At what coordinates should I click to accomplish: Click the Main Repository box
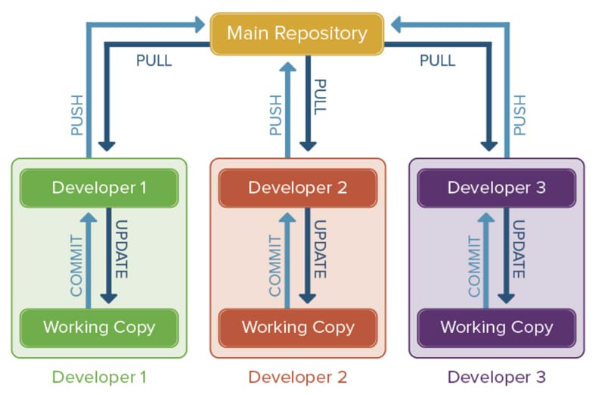[296, 34]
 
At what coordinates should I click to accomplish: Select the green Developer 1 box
[99, 188]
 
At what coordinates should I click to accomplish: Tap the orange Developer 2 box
[298, 188]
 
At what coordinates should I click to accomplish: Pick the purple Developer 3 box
[496, 188]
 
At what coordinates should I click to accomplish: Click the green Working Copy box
[99, 328]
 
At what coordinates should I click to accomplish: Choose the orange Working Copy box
[298, 328]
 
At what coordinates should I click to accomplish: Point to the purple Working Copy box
[496, 328]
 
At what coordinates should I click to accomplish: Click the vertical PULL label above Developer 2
[321, 96]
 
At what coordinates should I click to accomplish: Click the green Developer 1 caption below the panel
[99, 376]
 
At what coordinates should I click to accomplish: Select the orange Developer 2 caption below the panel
[298, 376]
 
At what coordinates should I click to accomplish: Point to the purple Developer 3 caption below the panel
[496, 376]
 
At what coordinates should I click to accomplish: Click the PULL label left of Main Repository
[154, 61]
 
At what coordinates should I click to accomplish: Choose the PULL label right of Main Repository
[438, 61]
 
